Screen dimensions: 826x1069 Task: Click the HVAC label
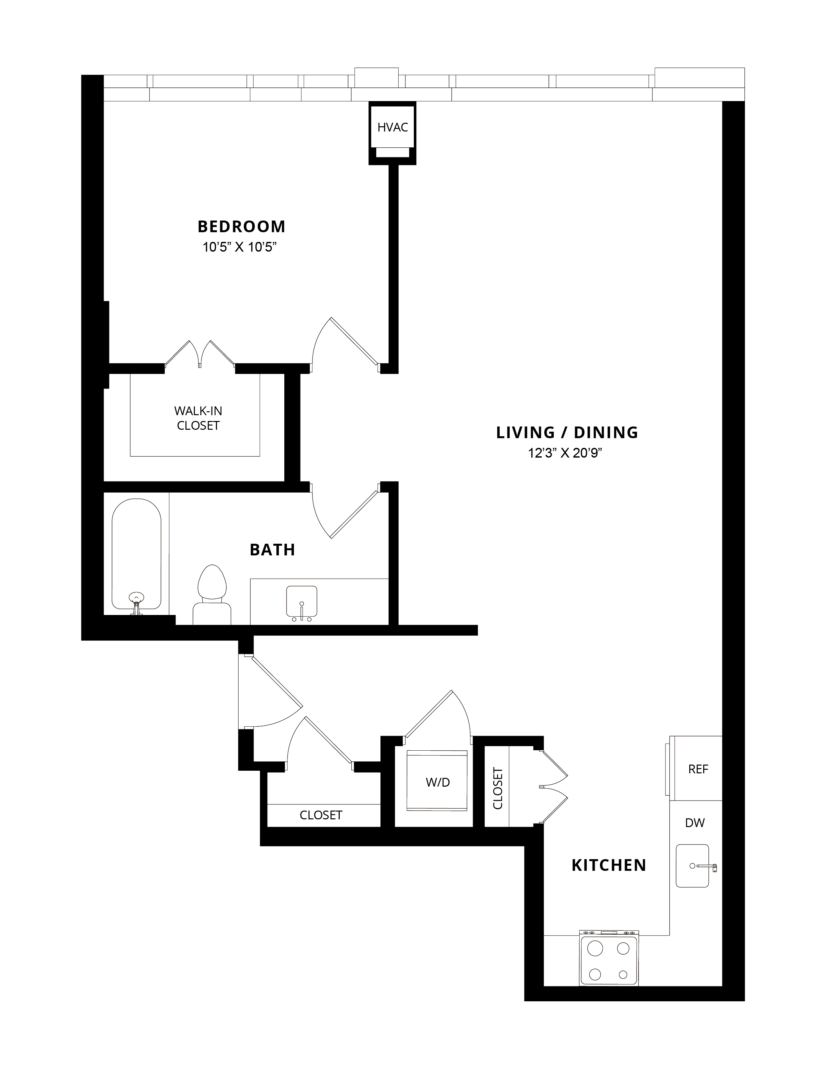click(x=392, y=127)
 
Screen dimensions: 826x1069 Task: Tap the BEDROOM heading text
click(x=241, y=227)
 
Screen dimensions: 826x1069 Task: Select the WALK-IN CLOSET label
click(x=198, y=418)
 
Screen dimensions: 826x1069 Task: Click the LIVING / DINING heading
click(x=567, y=433)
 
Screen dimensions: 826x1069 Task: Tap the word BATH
click(x=273, y=550)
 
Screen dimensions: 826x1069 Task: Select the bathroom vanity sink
click(x=301, y=602)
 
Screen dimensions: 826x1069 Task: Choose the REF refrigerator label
click(x=698, y=769)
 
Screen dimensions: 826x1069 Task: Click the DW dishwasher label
click(x=695, y=823)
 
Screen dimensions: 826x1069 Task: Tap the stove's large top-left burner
click(x=595, y=949)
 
